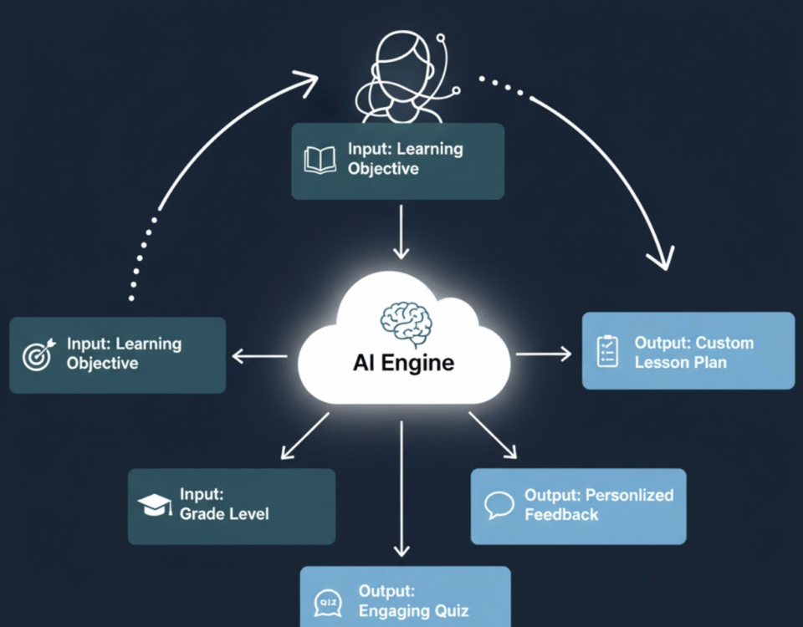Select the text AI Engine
(x=404, y=363)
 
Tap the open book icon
(x=320, y=161)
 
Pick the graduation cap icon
(x=154, y=505)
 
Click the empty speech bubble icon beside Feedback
(x=499, y=505)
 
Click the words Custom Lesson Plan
(x=694, y=353)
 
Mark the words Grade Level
(x=224, y=513)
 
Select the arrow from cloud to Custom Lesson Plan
(x=544, y=354)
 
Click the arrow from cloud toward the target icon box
(x=259, y=356)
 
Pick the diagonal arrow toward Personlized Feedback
(x=494, y=435)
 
